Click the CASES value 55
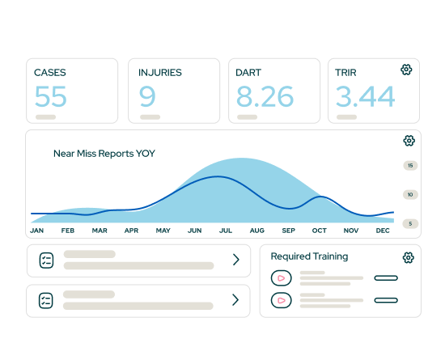click(50, 97)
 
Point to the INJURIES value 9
click(147, 97)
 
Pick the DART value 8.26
click(265, 97)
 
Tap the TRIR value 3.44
click(366, 97)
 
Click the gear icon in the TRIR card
click(407, 70)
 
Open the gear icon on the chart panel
click(409, 141)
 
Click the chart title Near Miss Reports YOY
click(104, 153)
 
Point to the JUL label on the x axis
click(225, 231)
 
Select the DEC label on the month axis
click(384, 231)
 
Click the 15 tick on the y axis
click(411, 166)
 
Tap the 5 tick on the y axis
click(411, 223)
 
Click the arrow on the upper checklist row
click(236, 260)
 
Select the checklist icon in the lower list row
click(46, 300)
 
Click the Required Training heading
click(309, 256)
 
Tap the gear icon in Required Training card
click(409, 257)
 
